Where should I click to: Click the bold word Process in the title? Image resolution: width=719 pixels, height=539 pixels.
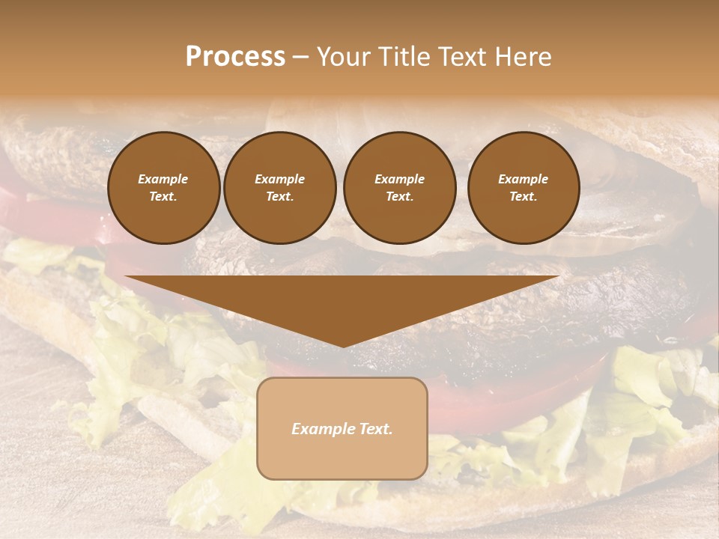tap(235, 57)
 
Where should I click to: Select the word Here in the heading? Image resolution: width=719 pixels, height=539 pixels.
tap(523, 57)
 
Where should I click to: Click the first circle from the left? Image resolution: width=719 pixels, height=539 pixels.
tap(163, 187)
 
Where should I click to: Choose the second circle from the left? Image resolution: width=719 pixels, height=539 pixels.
tap(279, 187)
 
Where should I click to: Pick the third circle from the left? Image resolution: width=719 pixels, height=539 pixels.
tap(399, 187)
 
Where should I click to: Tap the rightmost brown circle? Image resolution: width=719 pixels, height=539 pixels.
tap(523, 187)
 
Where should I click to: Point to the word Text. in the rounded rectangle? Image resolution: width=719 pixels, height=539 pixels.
tap(374, 429)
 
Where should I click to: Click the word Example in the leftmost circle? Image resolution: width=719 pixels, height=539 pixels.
tap(163, 179)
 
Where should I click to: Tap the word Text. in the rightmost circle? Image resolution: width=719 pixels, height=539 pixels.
tap(523, 196)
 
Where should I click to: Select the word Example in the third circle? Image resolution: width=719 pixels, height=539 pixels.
tap(399, 179)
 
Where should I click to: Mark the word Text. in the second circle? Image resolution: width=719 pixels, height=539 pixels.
tap(279, 196)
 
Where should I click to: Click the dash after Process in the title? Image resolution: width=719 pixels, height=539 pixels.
tap(300, 57)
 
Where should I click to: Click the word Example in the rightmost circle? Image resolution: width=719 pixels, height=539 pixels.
tap(523, 179)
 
